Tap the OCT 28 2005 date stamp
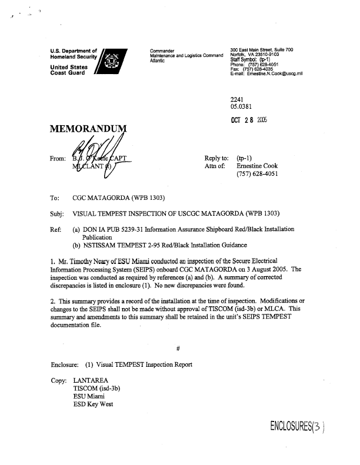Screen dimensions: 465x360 click(x=251, y=121)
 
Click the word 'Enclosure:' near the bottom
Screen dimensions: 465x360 click(x=66, y=364)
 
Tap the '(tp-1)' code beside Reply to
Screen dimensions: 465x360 click(x=244, y=158)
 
